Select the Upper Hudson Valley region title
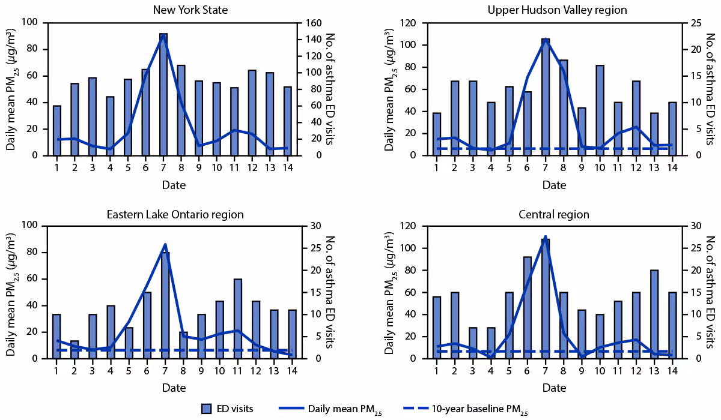pos(557,10)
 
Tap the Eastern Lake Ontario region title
pos(175,214)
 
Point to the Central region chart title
pos(554,214)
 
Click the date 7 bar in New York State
pos(163,94)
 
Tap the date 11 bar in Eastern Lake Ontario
pos(238,319)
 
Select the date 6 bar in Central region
pos(528,307)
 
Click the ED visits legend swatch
pos(207,409)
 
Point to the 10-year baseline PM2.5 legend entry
pos(479,409)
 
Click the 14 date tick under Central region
pos(671,372)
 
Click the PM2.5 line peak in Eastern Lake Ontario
pos(165,244)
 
